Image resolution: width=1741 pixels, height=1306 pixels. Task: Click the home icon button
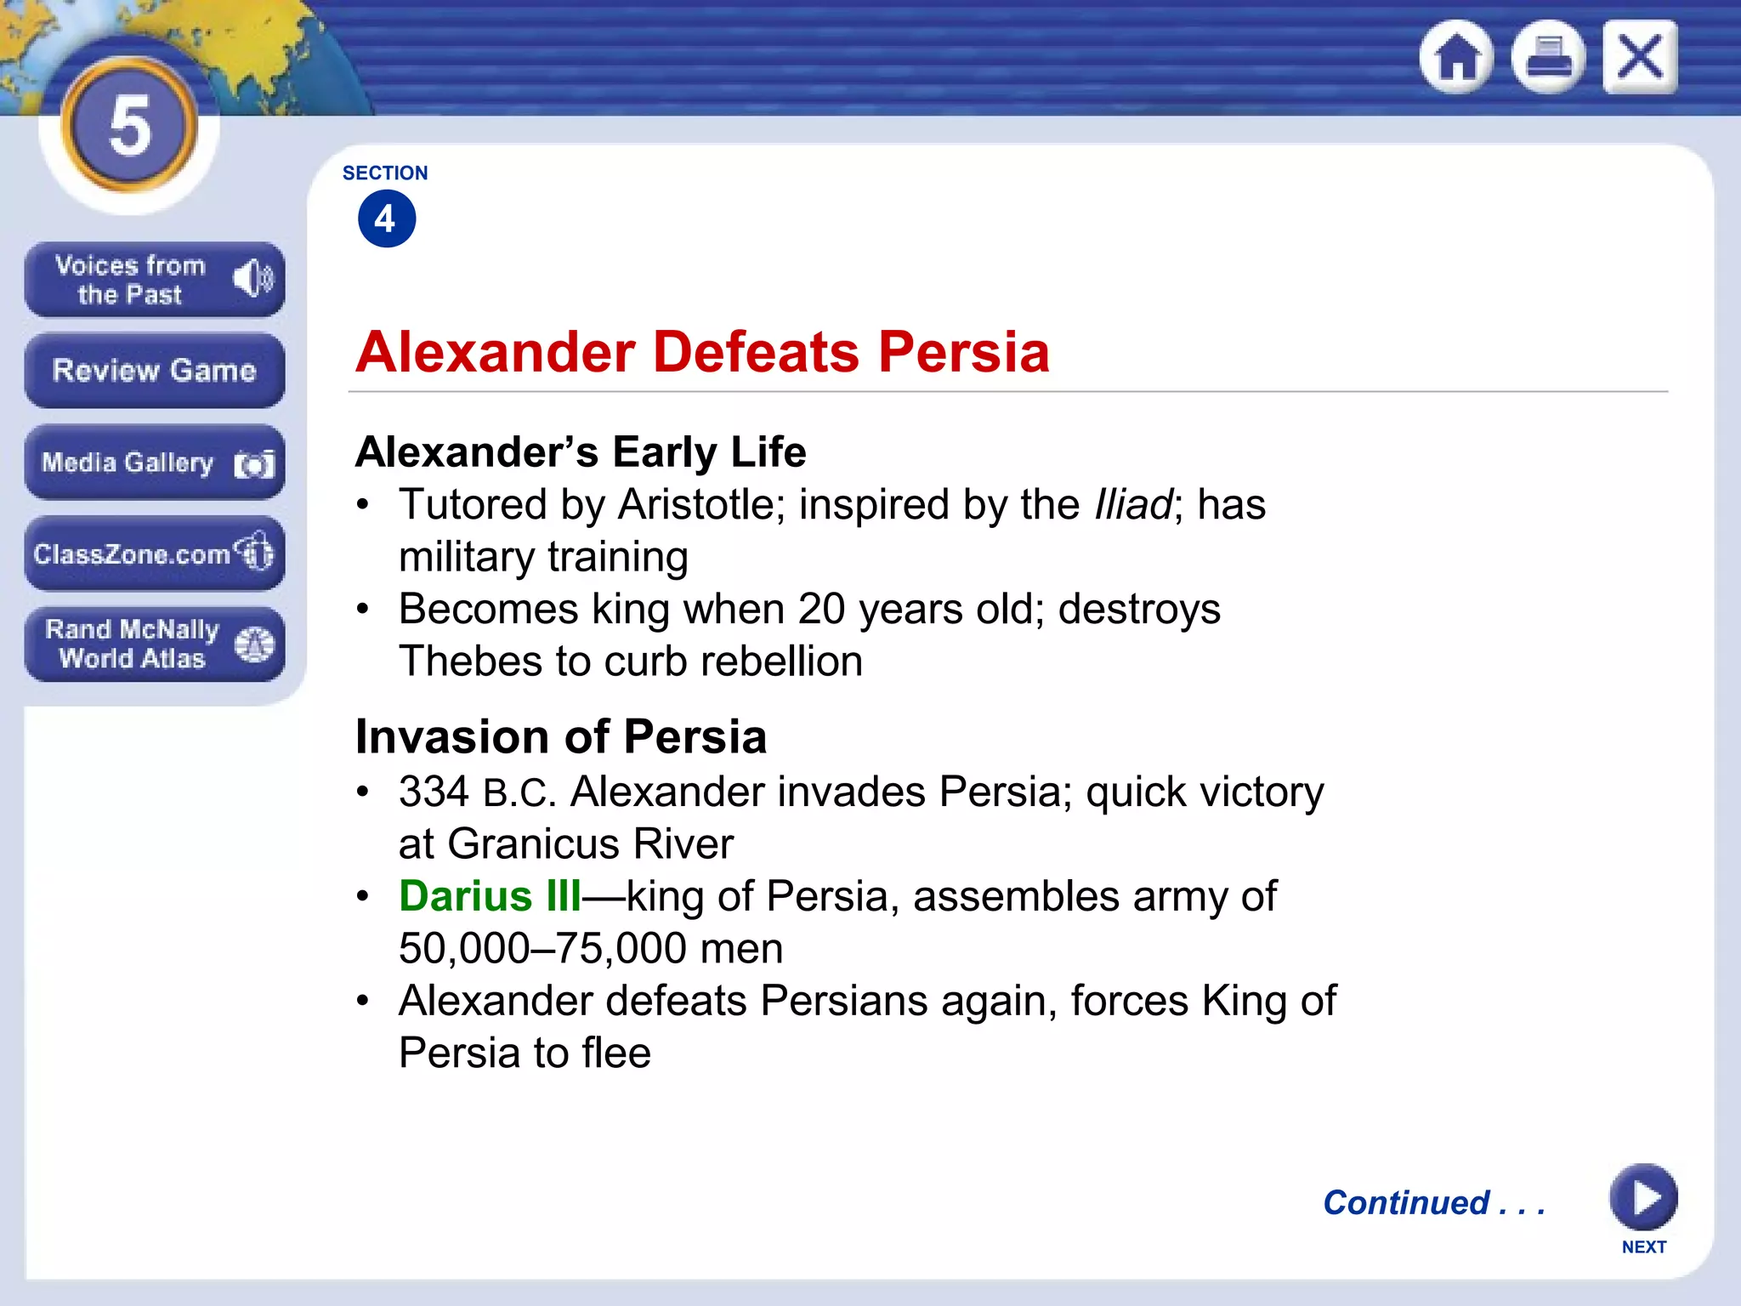coord(1456,57)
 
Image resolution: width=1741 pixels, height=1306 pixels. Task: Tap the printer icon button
coord(1548,57)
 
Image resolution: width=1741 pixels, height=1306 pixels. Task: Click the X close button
coord(1640,57)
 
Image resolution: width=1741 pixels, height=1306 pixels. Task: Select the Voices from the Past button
coord(154,280)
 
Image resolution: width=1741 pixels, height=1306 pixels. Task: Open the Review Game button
coord(154,371)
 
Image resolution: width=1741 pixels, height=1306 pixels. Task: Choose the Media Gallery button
coord(154,463)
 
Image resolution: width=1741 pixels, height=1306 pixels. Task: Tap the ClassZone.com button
coord(154,554)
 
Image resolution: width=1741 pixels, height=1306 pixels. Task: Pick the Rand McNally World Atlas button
coord(154,644)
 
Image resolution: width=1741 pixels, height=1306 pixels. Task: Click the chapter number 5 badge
coord(129,126)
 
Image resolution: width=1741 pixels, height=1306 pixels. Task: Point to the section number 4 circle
coord(387,219)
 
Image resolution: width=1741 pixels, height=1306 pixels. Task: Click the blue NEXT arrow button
coord(1643,1197)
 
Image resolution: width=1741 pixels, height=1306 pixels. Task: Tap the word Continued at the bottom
coord(1406,1202)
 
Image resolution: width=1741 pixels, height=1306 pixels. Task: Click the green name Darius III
coord(490,896)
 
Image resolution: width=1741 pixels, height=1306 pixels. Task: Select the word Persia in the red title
coord(964,352)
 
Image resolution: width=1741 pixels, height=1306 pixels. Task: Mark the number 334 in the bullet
coord(434,792)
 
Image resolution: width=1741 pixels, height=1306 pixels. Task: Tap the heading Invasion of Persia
coord(561,736)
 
